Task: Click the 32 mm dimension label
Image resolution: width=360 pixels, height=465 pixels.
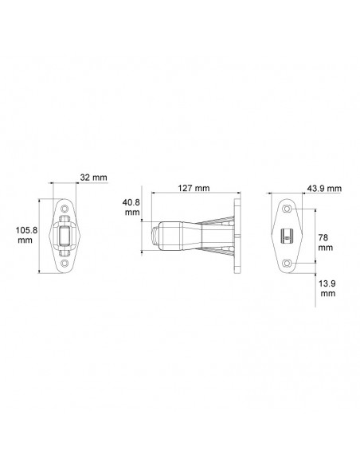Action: click(93, 177)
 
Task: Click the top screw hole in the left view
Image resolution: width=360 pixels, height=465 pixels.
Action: click(65, 209)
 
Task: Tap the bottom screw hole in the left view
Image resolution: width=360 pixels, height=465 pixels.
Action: click(65, 260)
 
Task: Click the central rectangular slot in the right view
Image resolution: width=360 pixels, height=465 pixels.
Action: click(288, 235)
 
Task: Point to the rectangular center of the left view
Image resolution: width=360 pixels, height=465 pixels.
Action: click(65, 235)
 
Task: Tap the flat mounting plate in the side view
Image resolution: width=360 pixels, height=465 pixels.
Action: click(236, 236)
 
